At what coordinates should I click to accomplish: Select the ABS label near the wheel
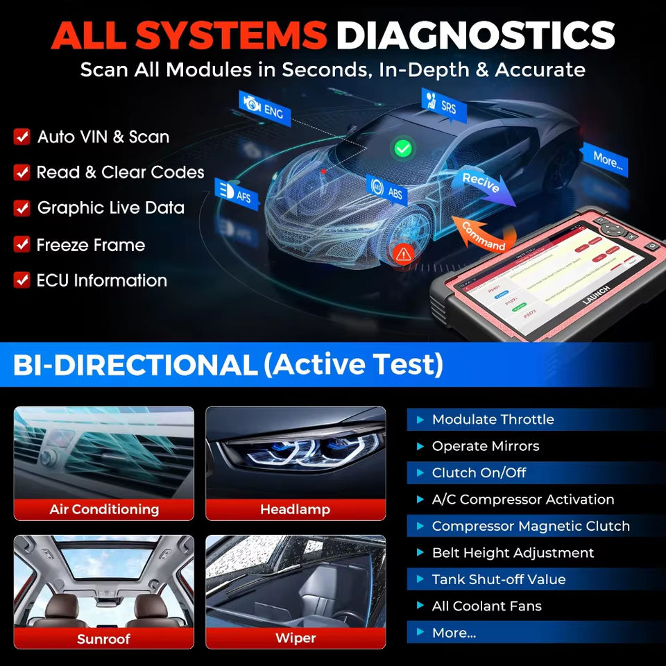[x=386, y=191]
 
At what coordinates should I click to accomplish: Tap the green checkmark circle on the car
[x=402, y=147]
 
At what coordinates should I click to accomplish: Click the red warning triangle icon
[x=402, y=254]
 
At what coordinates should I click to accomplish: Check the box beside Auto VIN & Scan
[x=22, y=137]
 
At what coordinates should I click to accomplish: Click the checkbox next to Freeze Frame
[x=22, y=244]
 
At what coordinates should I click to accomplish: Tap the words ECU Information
[x=101, y=280]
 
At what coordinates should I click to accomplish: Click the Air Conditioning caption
[x=104, y=509]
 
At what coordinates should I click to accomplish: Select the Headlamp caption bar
[x=296, y=509]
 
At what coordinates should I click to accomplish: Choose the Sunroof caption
[x=104, y=638]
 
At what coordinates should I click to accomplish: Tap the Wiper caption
[x=296, y=638]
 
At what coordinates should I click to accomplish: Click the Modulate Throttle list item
[x=493, y=419]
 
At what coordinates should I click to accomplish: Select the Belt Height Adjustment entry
[x=513, y=553]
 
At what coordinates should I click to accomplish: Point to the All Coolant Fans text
[x=487, y=606]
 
